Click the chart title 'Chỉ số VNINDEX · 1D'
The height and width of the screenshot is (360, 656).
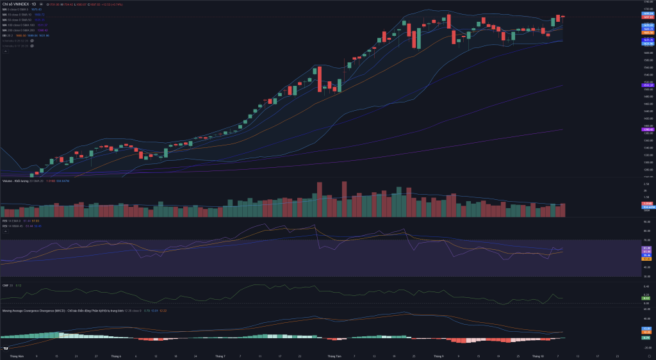(x=19, y=4)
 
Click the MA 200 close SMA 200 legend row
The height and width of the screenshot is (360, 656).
(x=19, y=30)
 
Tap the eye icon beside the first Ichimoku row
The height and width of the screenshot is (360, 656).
(x=32, y=40)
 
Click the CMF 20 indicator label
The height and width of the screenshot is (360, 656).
(x=7, y=285)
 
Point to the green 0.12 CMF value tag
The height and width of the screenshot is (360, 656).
(x=646, y=298)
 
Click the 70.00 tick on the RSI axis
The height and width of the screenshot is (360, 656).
(x=646, y=240)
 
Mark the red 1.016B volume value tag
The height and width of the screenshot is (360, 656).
(x=646, y=204)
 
